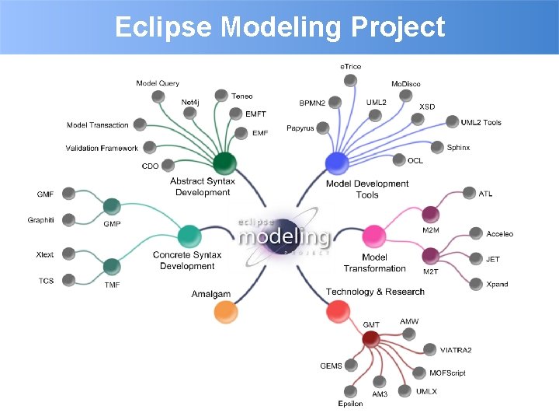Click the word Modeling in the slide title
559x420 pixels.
(x=281, y=27)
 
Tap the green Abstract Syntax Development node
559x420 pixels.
(x=224, y=163)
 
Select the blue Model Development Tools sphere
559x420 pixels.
(x=336, y=163)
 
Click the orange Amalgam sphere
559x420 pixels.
(x=224, y=312)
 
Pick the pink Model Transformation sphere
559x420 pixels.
(x=374, y=236)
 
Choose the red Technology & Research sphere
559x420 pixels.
(x=336, y=312)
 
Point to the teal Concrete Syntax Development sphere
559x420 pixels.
(x=189, y=236)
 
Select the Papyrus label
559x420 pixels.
(x=300, y=128)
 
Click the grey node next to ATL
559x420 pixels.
(x=469, y=193)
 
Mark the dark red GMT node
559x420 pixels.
(x=370, y=338)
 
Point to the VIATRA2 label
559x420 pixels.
(x=456, y=350)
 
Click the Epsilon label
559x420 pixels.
(x=350, y=404)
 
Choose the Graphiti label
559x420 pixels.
(x=40, y=220)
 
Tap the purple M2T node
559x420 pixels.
(x=430, y=255)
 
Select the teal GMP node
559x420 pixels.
(x=112, y=206)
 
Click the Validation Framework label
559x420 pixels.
(x=102, y=148)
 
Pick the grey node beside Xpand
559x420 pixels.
(x=476, y=284)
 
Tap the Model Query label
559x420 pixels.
(x=158, y=83)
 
